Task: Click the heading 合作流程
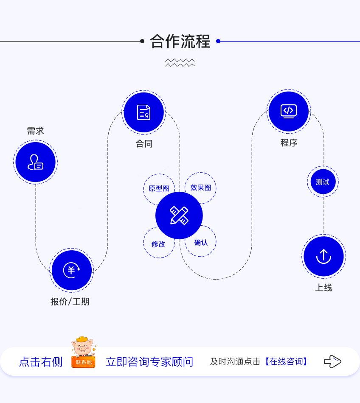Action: point(180,42)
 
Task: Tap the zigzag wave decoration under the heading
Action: point(180,63)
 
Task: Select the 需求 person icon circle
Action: point(35,162)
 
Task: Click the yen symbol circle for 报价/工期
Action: point(71,270)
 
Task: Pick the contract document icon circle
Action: point(144,112)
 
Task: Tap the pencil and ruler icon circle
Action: point(179,215)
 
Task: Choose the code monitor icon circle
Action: point(289,111)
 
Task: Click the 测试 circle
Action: point(323,182)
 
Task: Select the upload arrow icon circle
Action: point(323,256)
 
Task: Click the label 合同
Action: point(144,144)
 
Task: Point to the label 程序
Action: point(289,143)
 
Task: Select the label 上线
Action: point(323,288)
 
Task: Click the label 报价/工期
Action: point(70,302)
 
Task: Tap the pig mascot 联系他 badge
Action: point(83,353)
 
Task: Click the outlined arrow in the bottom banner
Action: point(332,361)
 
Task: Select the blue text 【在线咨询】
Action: point(285,362)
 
